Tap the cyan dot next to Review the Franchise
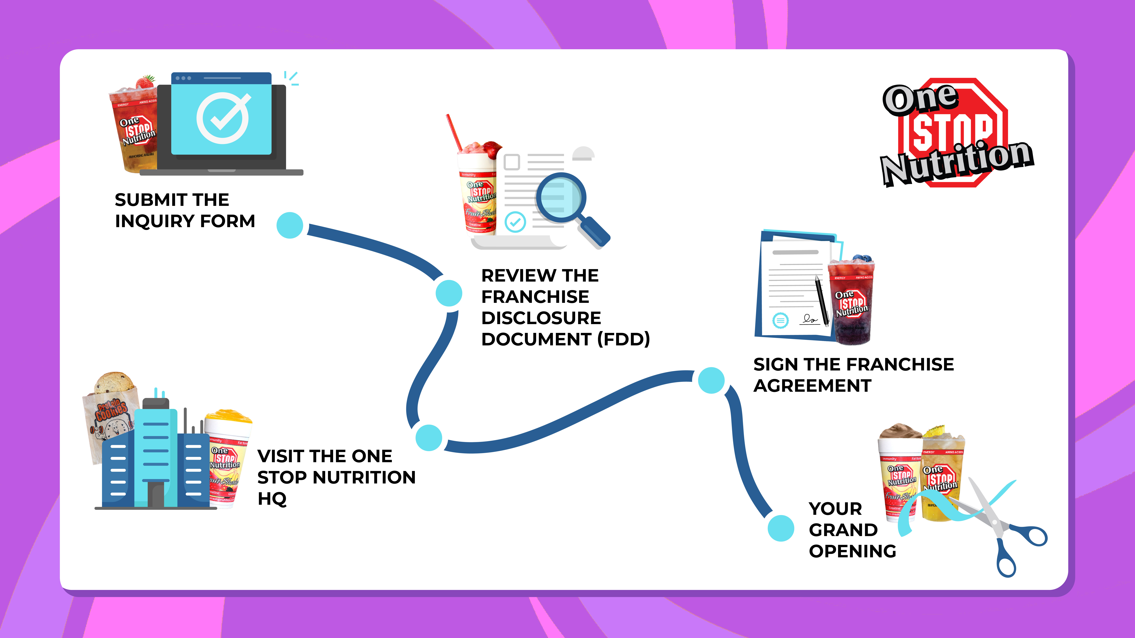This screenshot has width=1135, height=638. pyautogui.click(x=448, y=293)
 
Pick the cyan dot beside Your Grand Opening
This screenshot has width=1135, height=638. pyautogui.click(x=781, y=528)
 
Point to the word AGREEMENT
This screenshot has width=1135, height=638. pyautogui.click(x=812, y=386)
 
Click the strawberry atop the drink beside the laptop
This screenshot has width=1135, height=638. pyautogui.click(x=145, y=82)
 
